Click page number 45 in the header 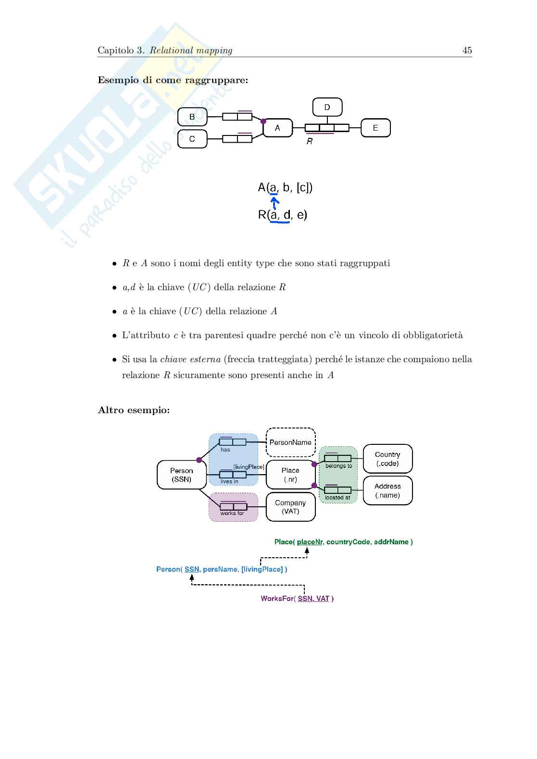(x=467, y=50)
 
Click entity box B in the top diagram (x=192, y=117)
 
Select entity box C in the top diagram (x=192, y=139)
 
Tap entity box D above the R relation (x=327, y=107)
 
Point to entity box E (x=375, y=128)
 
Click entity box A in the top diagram (x=277, y=128)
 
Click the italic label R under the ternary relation (x=310, y=142)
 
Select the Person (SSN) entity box (x=182, y=475)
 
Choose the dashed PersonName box (x=290, y=442)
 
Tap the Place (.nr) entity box (x=290, y=475)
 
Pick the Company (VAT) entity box (x=290, y=507)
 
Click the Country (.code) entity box (x=387, y=459)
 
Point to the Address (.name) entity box (x=387, y=490)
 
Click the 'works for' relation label (x=232, y=513)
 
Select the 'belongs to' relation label (x=338, y=466)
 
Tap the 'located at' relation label (x=337, y=498)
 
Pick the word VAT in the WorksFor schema (x=323, y=599)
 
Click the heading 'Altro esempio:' (x=134, y=410)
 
